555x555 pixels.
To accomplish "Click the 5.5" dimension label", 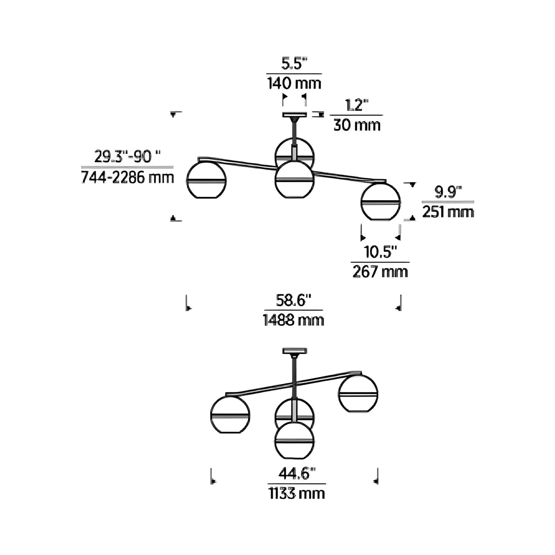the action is pyautogui.click(x=294, y=64).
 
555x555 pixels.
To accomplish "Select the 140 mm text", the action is pyautogui.click(x=294, y=84).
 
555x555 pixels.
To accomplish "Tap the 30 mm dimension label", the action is pyautogui.click(x=357, y=125).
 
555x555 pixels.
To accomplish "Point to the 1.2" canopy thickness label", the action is pyautogui.click(x=357, y=105).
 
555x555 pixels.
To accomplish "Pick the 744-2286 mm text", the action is pyautogui.click(x=128, y=178).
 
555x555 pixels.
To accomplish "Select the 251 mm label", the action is pyautogui.click(x=448, y=212).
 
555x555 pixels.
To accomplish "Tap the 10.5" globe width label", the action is pyautogui.click(x=381, y=252).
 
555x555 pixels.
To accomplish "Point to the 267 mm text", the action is pyautogui.click(x=380, y=272).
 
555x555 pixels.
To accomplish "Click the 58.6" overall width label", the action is pyautogui.click(x=293, y=301).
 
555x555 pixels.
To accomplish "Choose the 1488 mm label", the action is pyautogui.click(x=293, y=320).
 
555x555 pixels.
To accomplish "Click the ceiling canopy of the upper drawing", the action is pyautogui.click(x=294, y=115).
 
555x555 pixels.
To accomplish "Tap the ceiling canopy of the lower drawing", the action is pyautogui.click(x=294, y=351).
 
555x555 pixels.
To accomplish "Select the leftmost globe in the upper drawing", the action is pyautogui.click(x=206, y=180).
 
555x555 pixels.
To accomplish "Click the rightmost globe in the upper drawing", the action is pyautogui.click(x=380, y=202).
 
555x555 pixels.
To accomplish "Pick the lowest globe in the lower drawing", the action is pyautogui.click(x=294, y=440).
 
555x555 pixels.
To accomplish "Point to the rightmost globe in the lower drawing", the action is pyautogui.click(x=358, y=393).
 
